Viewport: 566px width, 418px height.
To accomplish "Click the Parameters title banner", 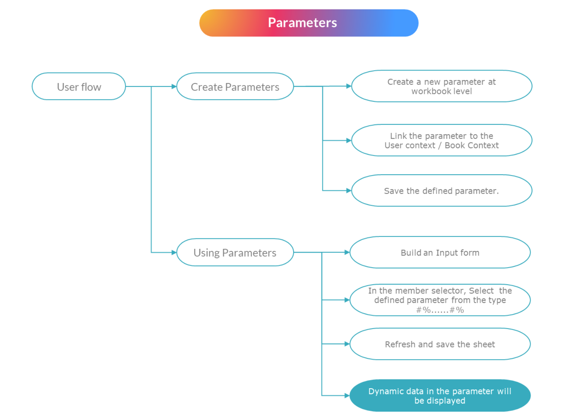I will (309, 23).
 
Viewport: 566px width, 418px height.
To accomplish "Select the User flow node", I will (79, 86).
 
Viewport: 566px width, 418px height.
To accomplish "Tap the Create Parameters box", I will (235, 86).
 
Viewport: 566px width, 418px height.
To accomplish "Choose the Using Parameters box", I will (235, 253).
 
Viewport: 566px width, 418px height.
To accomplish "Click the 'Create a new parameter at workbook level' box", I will (442, 86).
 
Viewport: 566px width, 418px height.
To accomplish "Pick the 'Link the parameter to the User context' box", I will (442, 140).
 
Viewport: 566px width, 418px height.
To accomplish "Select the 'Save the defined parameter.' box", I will (442, 191).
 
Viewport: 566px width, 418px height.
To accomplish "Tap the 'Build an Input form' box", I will (440, 253).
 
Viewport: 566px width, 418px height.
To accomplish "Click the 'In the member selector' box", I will (440, 300).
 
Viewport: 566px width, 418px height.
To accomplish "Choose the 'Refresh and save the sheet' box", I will (440, 344).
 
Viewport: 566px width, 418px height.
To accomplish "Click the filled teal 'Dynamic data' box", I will (440, 396).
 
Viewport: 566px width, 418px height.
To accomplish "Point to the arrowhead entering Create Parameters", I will (174, 86).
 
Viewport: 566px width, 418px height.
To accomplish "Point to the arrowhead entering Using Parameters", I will (174, 253).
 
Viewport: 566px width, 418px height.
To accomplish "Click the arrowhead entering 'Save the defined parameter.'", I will (348, 191).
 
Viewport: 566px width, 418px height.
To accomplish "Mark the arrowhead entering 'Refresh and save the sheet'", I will (347, 344).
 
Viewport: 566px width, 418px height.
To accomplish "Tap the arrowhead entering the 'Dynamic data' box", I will (347, 396).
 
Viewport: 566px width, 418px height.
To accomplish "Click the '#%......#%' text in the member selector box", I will (440, 310).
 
